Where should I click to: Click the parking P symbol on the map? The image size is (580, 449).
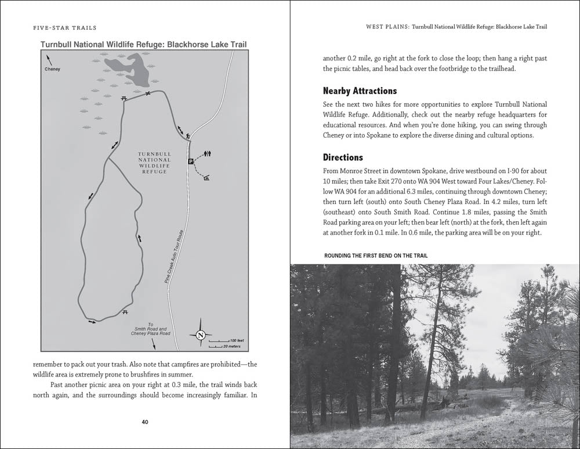click(x=190, y=162)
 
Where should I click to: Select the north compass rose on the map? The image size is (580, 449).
click(x=200, y=335)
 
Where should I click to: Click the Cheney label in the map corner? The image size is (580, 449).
click(x=52, y=69)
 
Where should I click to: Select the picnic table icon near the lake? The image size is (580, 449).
click(x=124, y=98)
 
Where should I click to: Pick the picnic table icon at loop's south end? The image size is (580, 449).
click(x=125, y=312)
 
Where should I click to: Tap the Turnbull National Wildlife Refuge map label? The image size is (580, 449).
click(x=154, y=163)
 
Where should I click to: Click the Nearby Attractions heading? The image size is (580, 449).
click(x=360, y=91)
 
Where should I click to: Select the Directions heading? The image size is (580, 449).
click(x=343, y=157)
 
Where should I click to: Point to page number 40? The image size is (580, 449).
click(x=146, y=422)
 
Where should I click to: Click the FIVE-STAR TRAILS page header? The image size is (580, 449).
click(x=57, y=27)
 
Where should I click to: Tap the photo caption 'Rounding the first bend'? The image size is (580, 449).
click(x=379, y=256)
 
